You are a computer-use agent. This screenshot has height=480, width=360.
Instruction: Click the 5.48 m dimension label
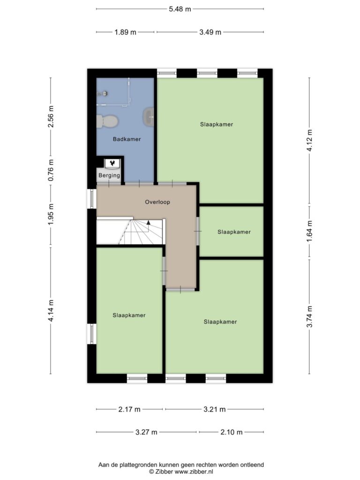click(180, 9)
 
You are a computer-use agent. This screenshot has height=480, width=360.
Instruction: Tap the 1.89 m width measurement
click(125, 32)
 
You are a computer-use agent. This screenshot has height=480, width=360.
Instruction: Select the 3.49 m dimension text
click(210, 32)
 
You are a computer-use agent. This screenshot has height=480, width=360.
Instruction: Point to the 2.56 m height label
click(51, 117)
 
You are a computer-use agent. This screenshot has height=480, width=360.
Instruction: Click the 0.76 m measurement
click(51, 170)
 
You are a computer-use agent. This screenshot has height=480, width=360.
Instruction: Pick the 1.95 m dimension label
click(51, 215)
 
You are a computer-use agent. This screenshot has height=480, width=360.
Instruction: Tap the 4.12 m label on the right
click(309, 140)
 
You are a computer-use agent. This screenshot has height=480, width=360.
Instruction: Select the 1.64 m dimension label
click(309, 232)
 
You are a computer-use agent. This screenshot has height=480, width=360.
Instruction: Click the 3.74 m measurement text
click(309, 316)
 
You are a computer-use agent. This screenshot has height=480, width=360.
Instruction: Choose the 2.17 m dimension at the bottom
click(129, 409)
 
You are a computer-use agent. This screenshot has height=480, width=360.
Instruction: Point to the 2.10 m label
click(232, 432)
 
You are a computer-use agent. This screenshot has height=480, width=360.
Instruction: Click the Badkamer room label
click(127, 139)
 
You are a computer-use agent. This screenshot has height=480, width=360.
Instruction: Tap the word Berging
click(109, 175)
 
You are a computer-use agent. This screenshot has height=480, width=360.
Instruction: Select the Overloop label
click(157, 202)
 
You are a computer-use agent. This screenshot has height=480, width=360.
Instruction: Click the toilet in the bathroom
click(107, 121)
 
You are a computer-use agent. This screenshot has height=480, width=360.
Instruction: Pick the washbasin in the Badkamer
click(149, 117)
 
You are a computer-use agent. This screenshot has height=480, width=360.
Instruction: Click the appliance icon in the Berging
click(112, 163)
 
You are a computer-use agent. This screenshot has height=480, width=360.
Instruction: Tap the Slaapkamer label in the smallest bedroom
click(234, 232)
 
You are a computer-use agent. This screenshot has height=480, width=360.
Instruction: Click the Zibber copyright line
click(181, 472)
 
